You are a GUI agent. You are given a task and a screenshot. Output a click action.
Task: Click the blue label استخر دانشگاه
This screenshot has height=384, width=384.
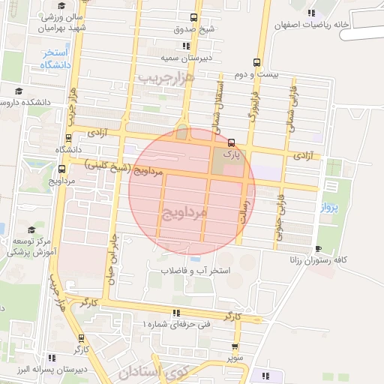(50, 58)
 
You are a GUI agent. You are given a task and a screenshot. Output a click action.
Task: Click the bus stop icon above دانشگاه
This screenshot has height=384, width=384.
(69, 137)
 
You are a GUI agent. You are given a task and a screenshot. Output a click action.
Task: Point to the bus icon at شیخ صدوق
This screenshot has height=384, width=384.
(194, 16)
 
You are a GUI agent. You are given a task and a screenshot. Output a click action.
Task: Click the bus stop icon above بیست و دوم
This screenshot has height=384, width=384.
(256, 62)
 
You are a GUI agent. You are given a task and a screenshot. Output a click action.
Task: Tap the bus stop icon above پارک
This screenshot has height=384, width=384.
(231, 142)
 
